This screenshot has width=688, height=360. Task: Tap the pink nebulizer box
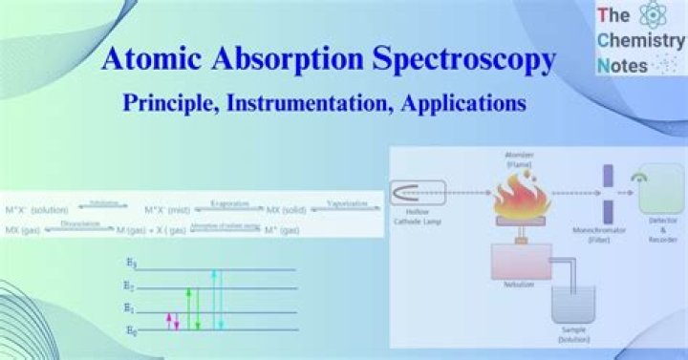click(x=521, y=262)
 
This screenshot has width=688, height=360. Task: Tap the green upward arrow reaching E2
click(x=188, y=307)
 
